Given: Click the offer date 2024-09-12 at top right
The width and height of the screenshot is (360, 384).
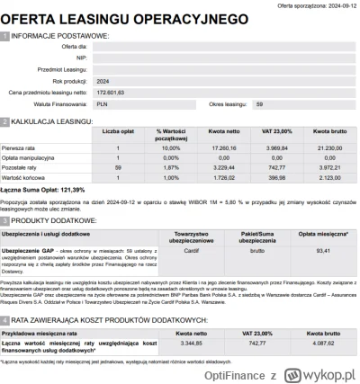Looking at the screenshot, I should tap(338, 4).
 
